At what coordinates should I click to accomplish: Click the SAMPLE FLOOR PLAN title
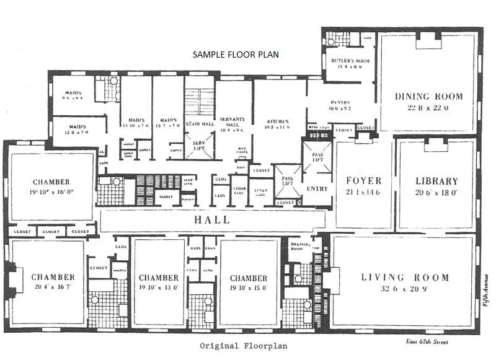pyautogui.click(x=236, y=55)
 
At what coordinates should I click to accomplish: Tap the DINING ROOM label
pyautogui.click(x=429, y=97)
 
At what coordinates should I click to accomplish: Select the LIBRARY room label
pyautogui.click(x=436, y=182)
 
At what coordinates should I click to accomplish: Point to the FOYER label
pyautogui.click(x=363, y=182)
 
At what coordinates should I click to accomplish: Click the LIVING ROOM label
pyautogui.click(x=405, y=277)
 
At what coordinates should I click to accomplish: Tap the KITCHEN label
pyautogui.click(x=278, y=121)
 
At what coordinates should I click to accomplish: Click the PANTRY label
pyautogui.click(x=340, y=102)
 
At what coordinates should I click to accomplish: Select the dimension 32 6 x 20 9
pyautogui.click(x=405, y=289)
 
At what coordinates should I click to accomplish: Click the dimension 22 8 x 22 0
pyautogui.click(x=429, y=107)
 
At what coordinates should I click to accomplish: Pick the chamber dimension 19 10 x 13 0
pyautogui.click(x=159, y=288)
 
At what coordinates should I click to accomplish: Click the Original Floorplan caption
pyautogui.click(x=236, y=346)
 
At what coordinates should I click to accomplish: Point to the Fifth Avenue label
pyautogui.click(x=487, y=288)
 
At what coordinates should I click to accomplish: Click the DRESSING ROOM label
pyautogui.click(x=300, y=246)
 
